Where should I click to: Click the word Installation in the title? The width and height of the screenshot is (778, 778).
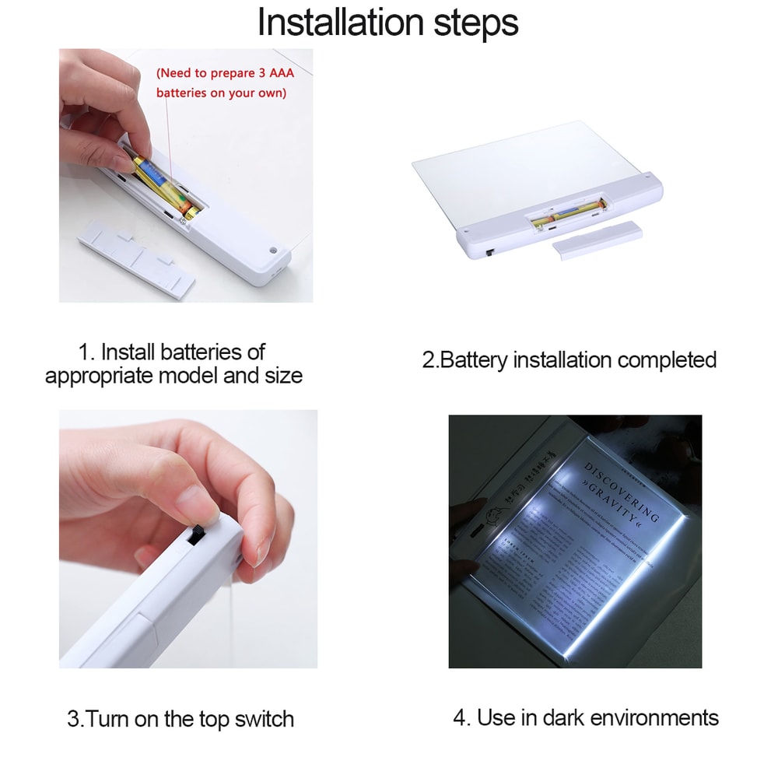[340, 23]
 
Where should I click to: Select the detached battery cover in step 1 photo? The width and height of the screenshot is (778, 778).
[137, 257]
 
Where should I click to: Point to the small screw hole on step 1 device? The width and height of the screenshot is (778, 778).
[273, 251]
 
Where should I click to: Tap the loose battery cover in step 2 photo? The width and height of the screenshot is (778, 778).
[598, 240]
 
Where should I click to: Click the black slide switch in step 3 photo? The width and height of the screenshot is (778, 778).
[197, 537]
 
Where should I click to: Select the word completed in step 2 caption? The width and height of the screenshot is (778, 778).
[667, 360]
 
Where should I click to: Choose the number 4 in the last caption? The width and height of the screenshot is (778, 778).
[460, 717]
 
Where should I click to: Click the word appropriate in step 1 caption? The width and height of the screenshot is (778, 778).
[99, 376]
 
